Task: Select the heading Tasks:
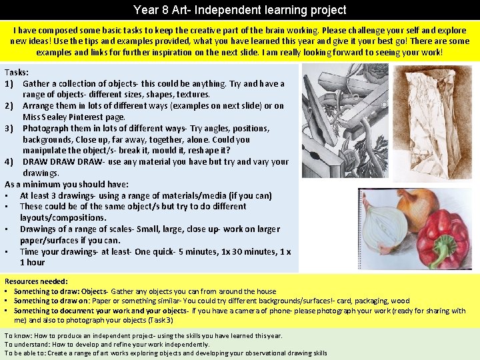17,72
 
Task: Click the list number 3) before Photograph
11,128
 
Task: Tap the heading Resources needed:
36,281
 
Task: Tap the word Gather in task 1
39,83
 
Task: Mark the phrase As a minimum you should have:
67,184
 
